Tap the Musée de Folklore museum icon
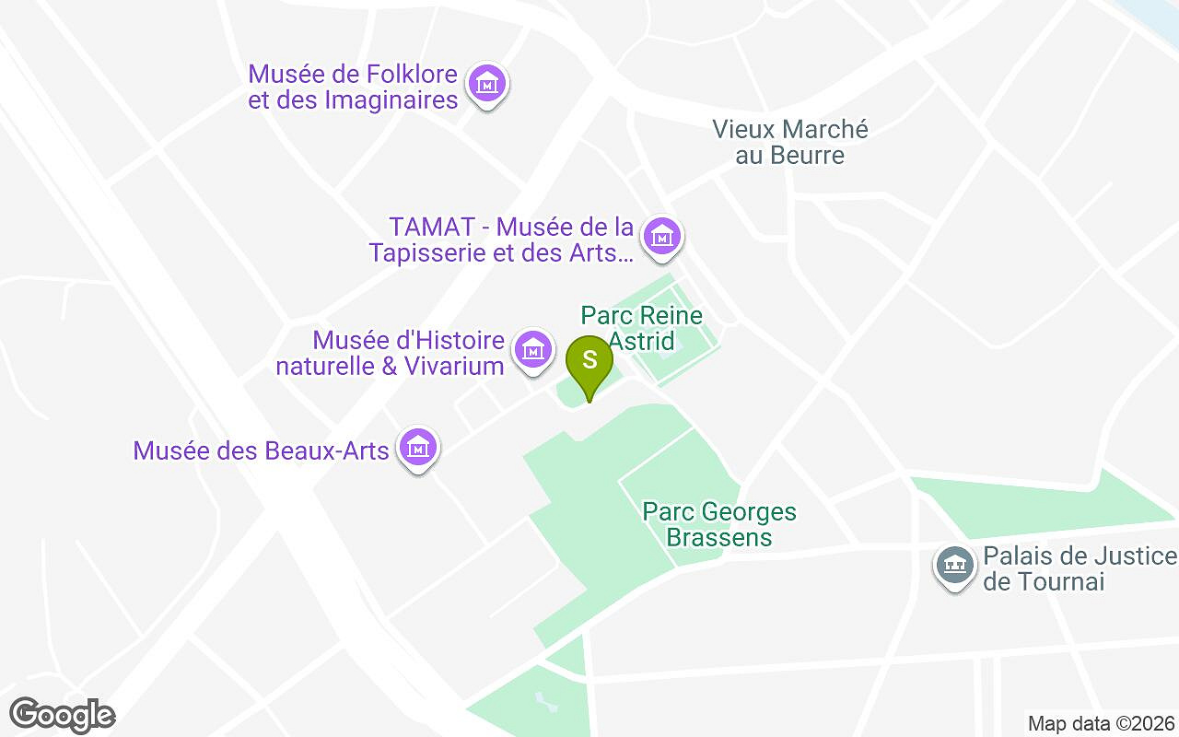487,84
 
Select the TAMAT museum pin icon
660,237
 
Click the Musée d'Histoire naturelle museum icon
532,350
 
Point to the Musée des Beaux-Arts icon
418,449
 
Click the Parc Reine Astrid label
641,328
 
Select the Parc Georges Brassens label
719,523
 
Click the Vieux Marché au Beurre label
790,142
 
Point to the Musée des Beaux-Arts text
261,450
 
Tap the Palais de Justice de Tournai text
1080,568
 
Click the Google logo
62,715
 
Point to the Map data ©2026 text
1102,723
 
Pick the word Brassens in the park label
719,537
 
